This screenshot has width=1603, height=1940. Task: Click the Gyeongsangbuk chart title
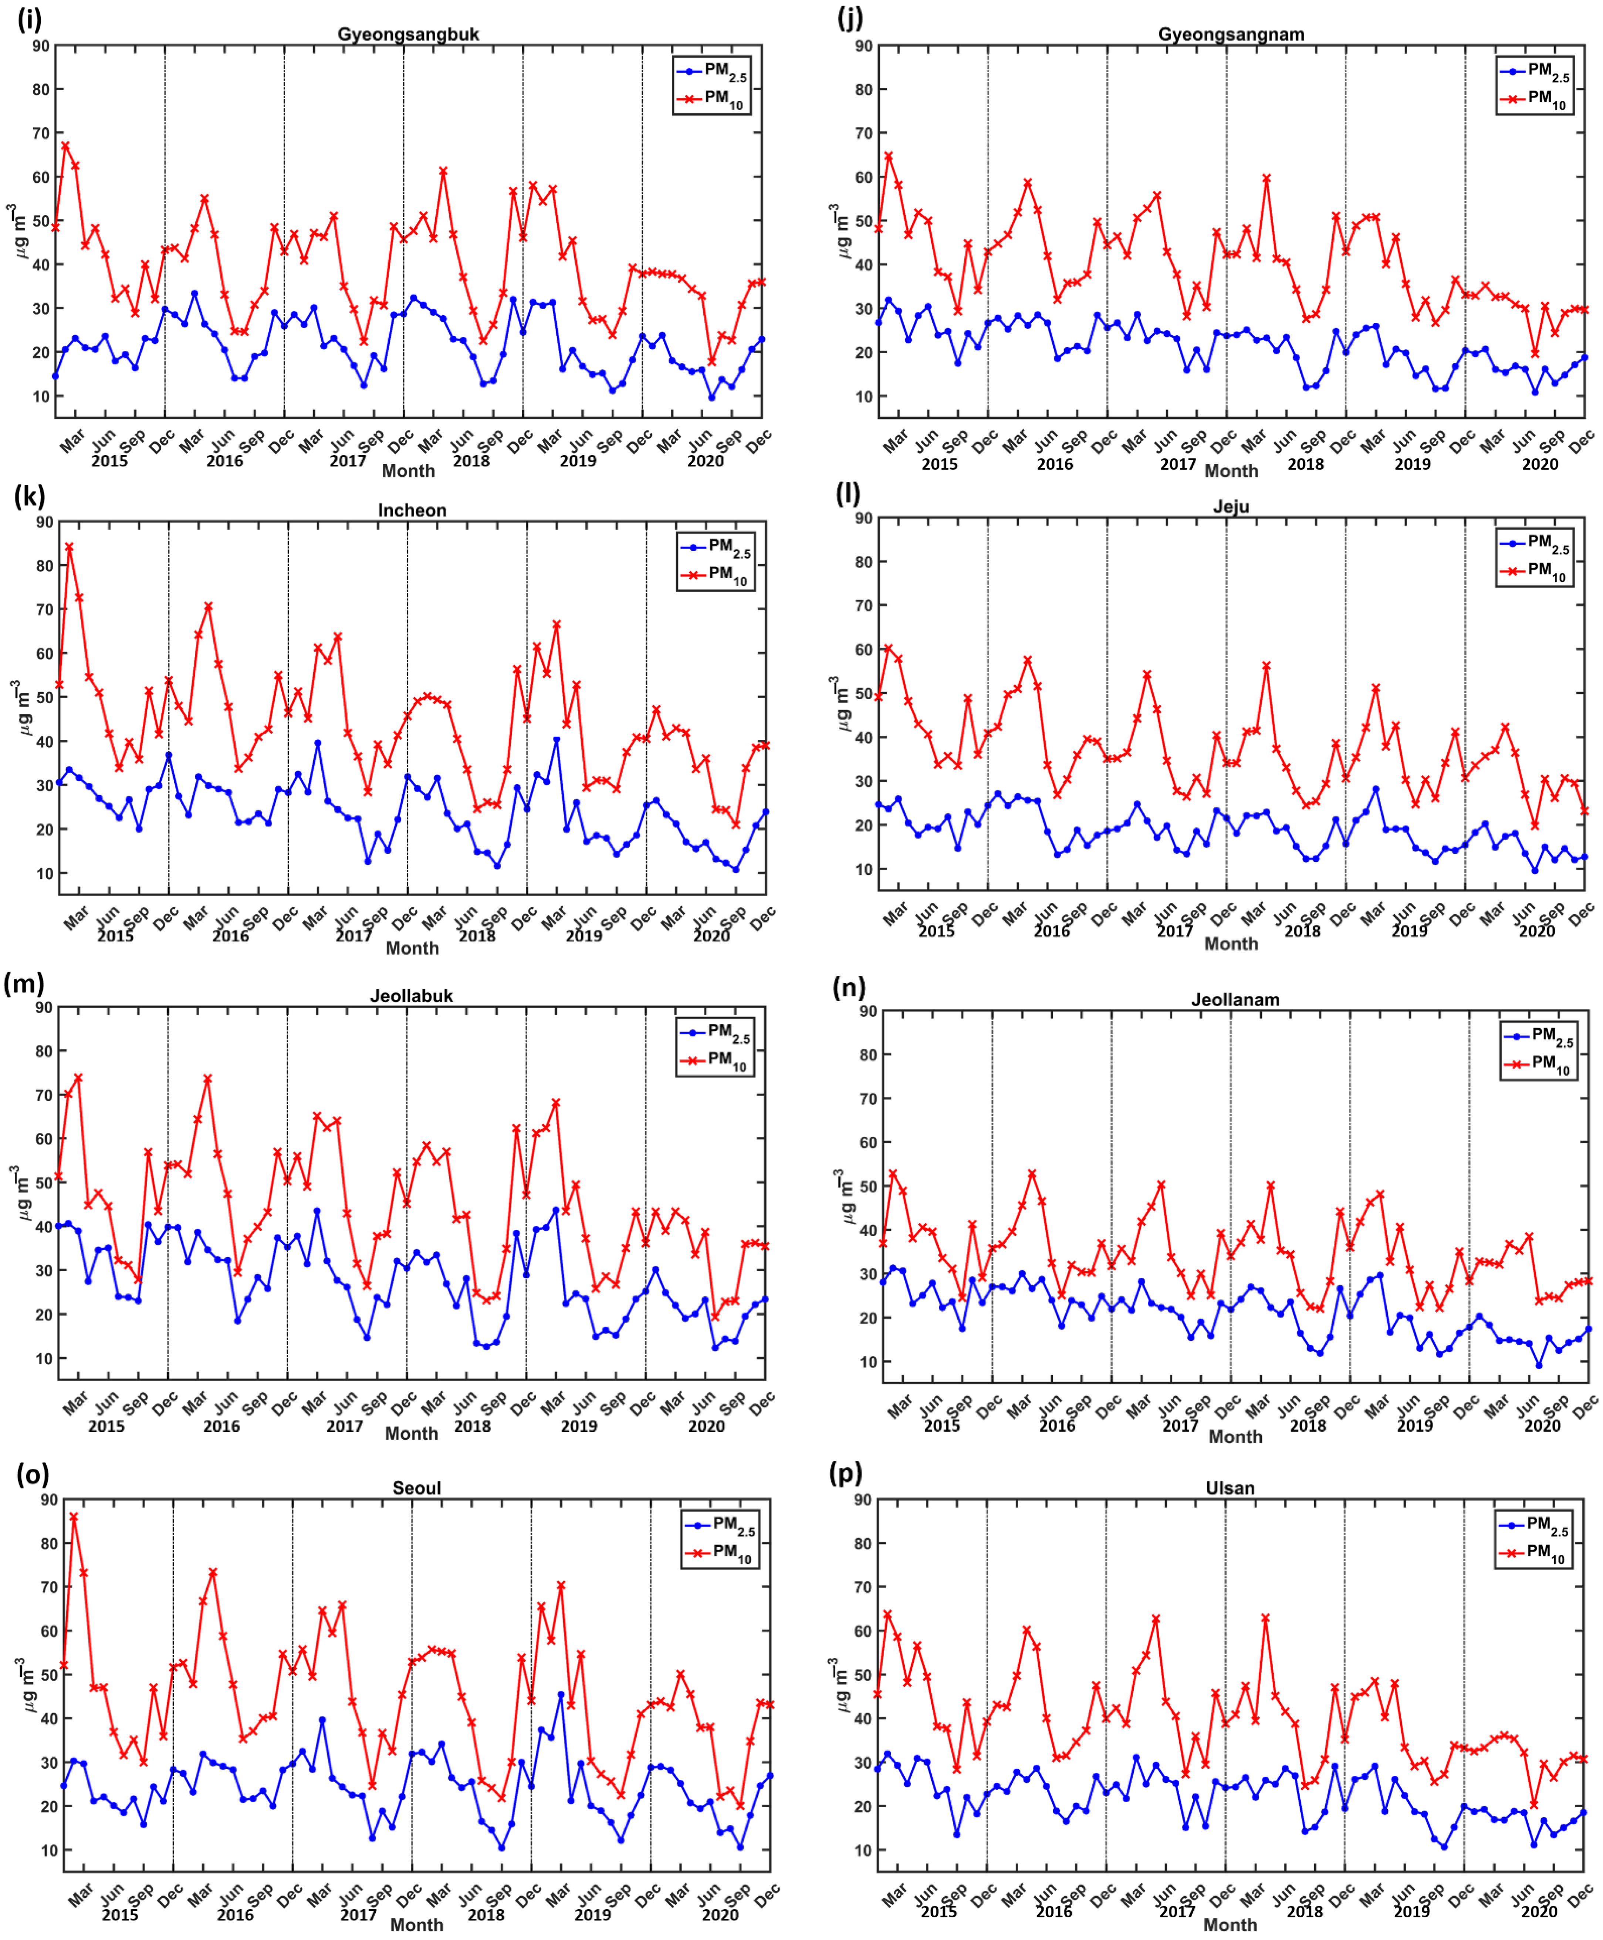[408, 34]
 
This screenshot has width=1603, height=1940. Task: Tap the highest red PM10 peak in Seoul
[74, 1517]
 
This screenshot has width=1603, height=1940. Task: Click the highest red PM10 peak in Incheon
[69, 547]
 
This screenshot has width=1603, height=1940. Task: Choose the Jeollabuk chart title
[411, 995]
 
